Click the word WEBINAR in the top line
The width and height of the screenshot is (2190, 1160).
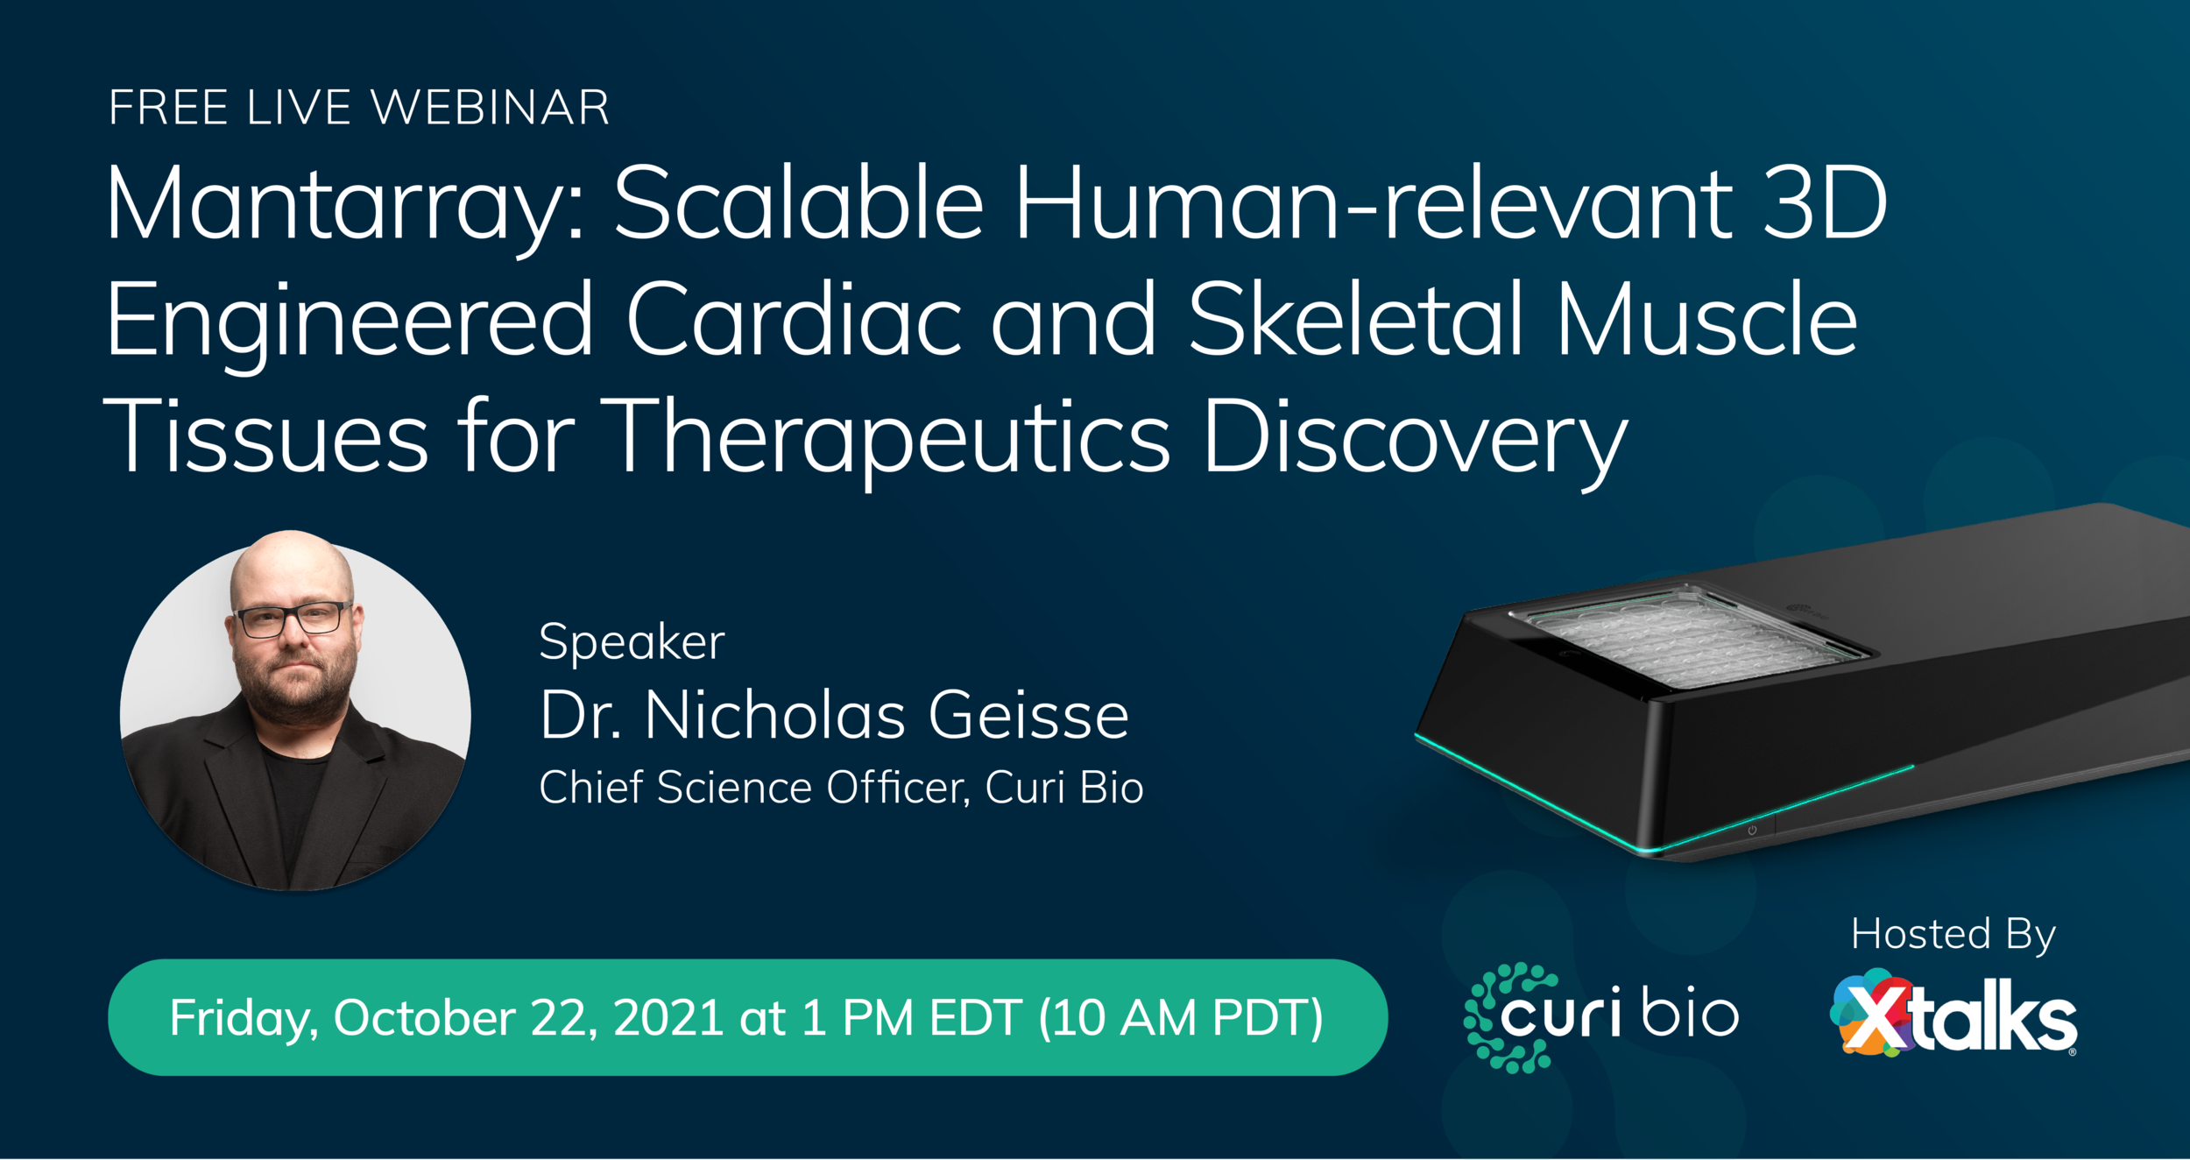pyautogui.click(x=490, y=109)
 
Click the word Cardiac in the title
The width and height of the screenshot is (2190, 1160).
pyautogui.click(x=794, y=321)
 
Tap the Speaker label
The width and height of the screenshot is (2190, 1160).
pyautogui.click(x=632, y=642)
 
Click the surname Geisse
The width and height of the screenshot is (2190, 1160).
pyautogui.click(x=1028, y=716)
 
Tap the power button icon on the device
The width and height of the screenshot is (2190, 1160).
pyautogui.click(x=1752, y=830)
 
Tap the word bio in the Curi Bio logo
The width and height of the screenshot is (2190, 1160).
pyautogui.click(x=1690, y=1014)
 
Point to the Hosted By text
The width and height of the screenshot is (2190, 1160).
pyautogui.click(x=1953, y=935)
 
